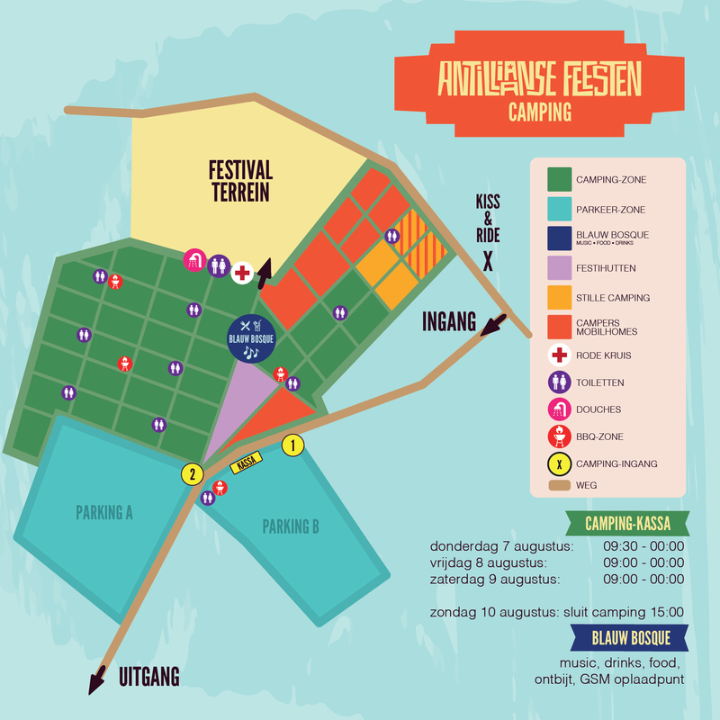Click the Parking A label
tap(104, 512)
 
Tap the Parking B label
tap(291, 526)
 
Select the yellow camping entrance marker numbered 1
tap(293, 445)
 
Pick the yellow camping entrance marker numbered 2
tap(193, 474)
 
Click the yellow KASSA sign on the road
tap(246, 463)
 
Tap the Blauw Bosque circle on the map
tap(251, 338)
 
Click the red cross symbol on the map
tap(242, 274)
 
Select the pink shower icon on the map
tap(194, 260)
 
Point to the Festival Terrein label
tap(240, 181)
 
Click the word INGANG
tap(449, 321)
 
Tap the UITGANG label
tap(149, 677)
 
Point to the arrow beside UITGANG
tap(97, 680)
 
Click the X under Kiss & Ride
tap(488, 262)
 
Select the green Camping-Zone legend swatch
tap(559, 179)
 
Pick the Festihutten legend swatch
tap(559, 267)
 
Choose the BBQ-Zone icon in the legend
tap(559, 436)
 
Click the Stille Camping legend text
tap(613, 298)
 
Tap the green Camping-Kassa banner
tap(627, 524)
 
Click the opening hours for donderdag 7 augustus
tap(643, 546)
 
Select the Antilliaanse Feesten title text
tap(539, 79)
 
